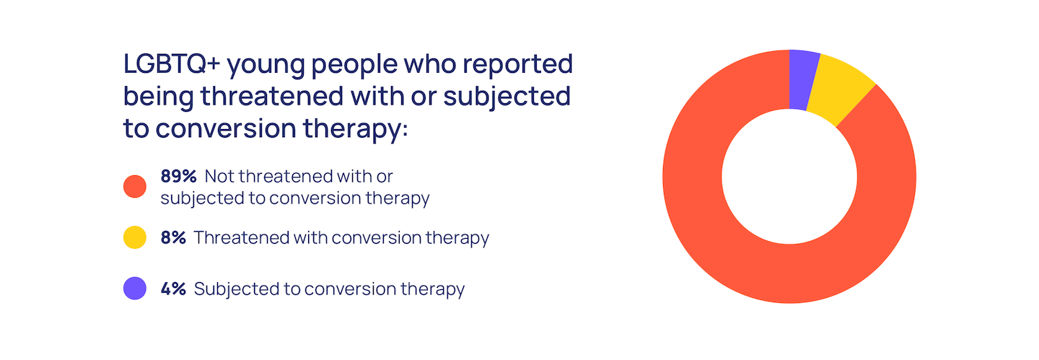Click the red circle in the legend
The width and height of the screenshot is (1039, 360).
135,187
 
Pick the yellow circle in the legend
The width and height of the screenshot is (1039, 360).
135,237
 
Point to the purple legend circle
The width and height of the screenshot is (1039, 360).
135,289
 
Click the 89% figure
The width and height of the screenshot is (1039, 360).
179,176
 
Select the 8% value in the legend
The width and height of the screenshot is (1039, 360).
173,237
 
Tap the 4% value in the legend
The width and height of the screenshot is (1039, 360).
173,289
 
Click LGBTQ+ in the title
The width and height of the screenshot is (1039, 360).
172,63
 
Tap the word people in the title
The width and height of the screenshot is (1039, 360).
354,65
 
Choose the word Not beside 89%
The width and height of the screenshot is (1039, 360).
219,176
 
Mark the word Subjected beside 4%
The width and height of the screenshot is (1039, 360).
236,289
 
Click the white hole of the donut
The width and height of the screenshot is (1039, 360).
789,177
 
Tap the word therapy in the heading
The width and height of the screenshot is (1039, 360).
355,129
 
